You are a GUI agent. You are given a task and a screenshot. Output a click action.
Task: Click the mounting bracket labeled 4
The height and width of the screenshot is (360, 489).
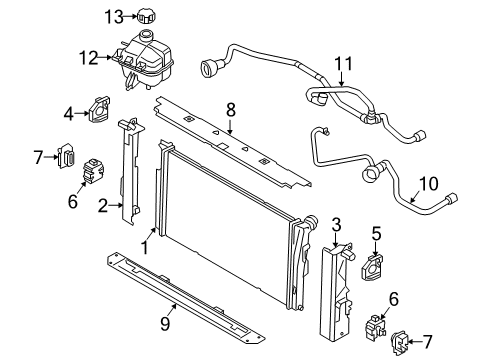pyautogui.click(x=102, y=110)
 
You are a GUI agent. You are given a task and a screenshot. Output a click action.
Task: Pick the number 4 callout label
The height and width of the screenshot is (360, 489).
pyautogui.click(x=70, y=111)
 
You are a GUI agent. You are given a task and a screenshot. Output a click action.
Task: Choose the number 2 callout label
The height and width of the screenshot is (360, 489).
pyautogui.click(x=102, y=206)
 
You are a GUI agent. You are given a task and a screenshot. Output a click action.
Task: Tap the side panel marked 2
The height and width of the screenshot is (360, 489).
pyautogui.click(x=127, y=170)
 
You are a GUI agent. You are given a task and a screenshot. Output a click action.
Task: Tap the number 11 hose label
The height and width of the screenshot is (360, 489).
pyautogui.click(x=343, y=66)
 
